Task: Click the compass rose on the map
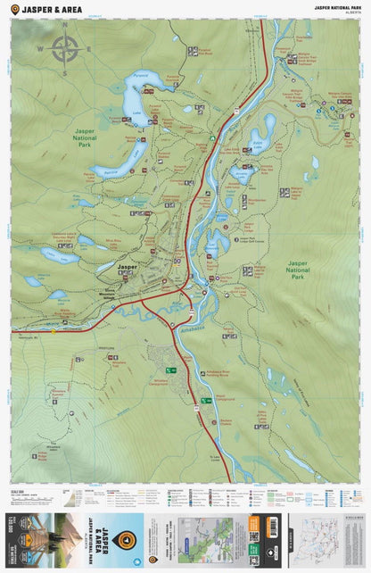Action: coord(64,48)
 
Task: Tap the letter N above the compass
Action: coord(64,26)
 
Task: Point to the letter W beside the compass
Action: coord(40,49)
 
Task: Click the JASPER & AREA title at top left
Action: coord(53,9)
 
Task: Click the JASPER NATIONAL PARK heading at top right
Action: coord(336,7)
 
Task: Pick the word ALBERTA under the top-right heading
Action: coord(350,13)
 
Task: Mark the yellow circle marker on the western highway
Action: coord(54,331)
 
